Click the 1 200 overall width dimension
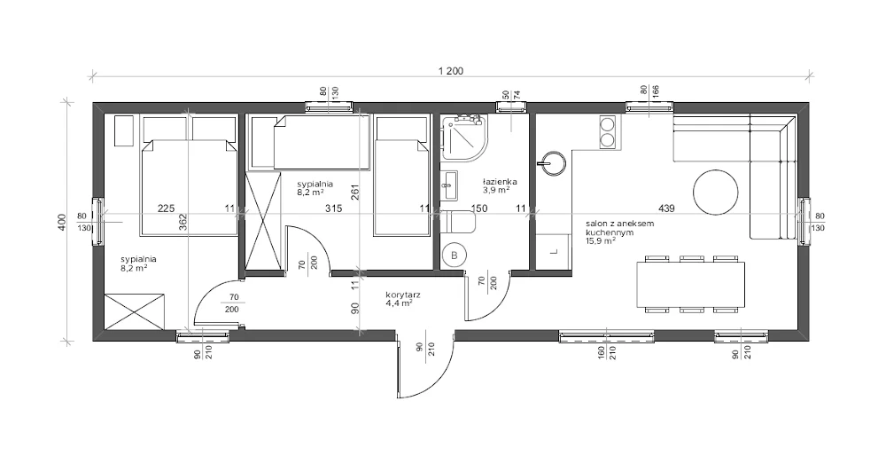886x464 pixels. point(450,71)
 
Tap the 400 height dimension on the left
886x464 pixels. point(62,222)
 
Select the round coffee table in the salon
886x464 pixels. point(715,192)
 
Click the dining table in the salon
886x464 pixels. point(690,284)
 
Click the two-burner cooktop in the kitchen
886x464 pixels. point(607,132)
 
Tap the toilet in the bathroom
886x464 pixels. point(458,222)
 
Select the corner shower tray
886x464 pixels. point(464,137)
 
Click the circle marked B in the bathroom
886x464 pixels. point(454,256)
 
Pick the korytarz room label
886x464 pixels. point(402,295)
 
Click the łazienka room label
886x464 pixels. point(500,182)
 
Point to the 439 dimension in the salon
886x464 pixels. point(667,208)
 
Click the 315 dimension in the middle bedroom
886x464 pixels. point(333,208)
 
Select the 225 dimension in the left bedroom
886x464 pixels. point(166,208)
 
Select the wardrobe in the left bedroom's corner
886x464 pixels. point(135,311)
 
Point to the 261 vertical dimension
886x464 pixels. point(355,193)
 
